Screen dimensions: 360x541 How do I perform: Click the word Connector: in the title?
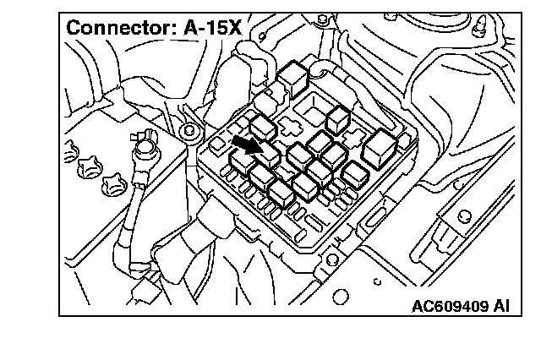[x=120, y=27]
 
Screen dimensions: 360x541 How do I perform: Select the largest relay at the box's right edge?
[x=377, y=149]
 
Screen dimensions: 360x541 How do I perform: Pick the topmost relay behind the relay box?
[x=293, y=74]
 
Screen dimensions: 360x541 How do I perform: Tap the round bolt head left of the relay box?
[x=190, y=131]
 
